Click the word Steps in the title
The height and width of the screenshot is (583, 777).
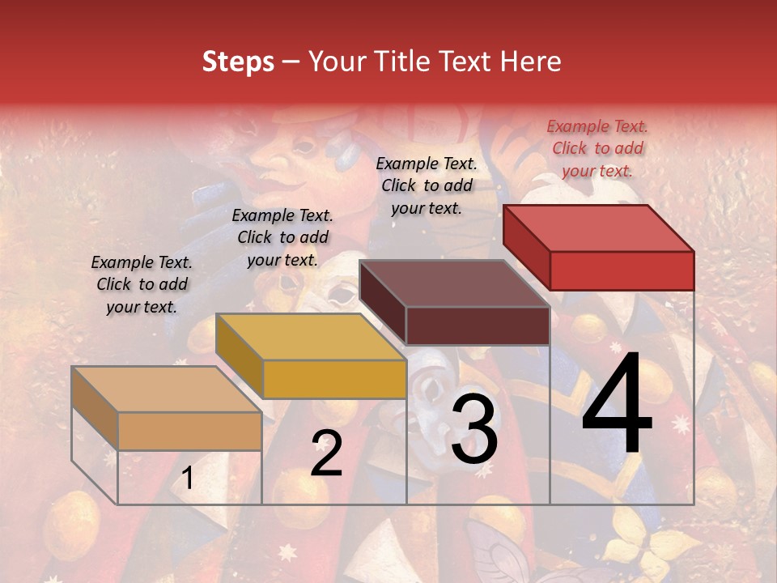(x=237, y=62)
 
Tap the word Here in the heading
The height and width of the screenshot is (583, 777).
(x=531, y=62)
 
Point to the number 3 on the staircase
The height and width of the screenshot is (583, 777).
(x=474, y=429)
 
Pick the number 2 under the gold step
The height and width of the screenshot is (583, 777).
(x=326, y=453)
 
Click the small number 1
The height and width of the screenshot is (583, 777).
(x=188, y=479)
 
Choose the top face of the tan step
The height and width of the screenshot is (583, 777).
(x=167, y=389)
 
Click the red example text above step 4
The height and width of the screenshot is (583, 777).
(x=597, y=148)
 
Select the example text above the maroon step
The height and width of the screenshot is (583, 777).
(x=427, y=185)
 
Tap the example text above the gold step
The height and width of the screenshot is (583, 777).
(x=282, y=237)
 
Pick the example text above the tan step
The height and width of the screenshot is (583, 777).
(x=142, y=284)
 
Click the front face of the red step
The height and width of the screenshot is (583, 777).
(x=622, y=270)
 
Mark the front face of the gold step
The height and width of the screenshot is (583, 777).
(x=334, y=379)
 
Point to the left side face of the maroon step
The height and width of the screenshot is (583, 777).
(x=382, y=303)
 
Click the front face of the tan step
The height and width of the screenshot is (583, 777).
(x=189, y=431)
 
